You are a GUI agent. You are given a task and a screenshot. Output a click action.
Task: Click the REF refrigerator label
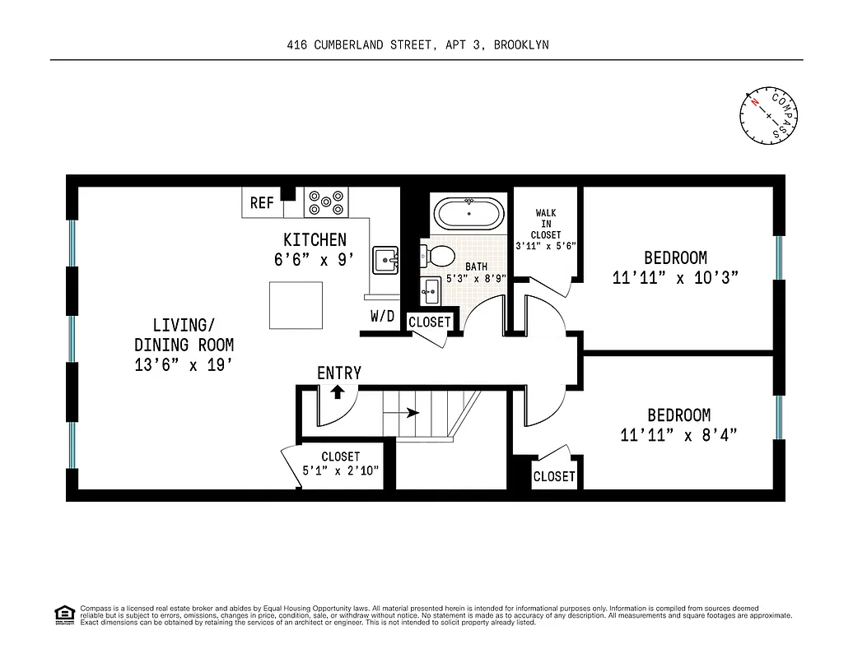262,202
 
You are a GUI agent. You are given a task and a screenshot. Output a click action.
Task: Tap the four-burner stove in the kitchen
326,202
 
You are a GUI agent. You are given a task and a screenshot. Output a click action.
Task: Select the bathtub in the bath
468,215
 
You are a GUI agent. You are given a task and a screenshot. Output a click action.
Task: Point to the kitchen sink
385,261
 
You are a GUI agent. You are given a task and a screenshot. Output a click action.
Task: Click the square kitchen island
296,304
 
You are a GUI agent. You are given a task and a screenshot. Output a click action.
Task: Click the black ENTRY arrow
337,392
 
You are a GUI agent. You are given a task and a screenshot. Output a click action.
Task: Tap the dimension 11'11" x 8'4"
678,435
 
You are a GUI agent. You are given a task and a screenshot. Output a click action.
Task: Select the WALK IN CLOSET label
545,224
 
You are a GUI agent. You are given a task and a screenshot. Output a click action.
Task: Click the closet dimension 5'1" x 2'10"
340,471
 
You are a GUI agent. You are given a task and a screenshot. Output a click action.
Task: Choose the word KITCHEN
315,240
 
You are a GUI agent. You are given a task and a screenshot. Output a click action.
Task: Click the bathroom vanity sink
431,289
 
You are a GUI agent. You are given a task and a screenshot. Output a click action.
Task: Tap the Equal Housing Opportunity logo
63,613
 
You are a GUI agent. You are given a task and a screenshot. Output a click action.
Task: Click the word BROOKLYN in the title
521,46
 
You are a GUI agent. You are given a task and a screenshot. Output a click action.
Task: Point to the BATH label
476,266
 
